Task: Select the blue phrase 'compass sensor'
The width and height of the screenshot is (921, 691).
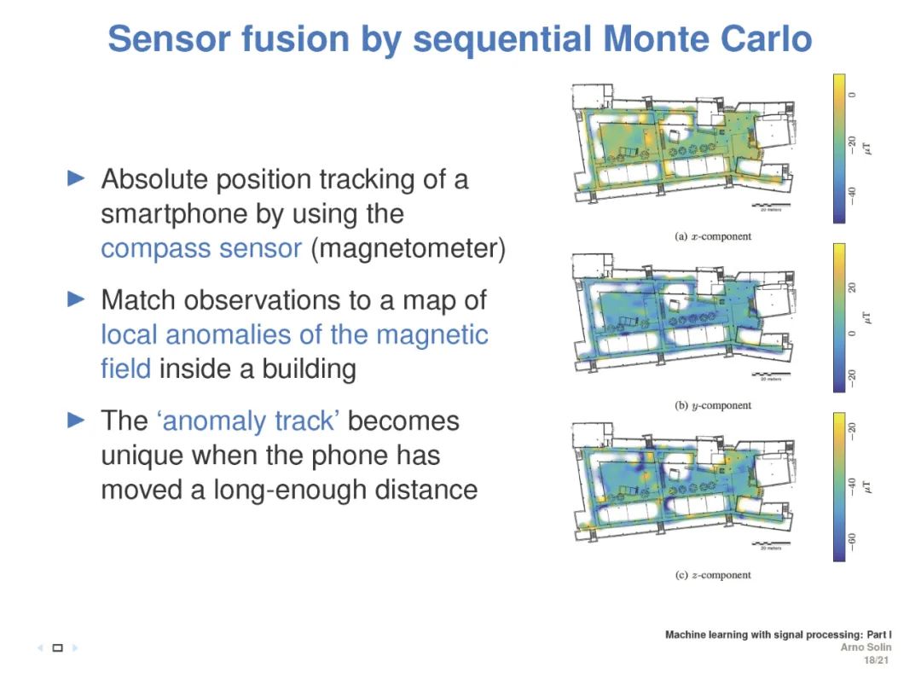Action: click(201, 248)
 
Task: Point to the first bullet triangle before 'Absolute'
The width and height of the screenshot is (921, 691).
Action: click(77, 178)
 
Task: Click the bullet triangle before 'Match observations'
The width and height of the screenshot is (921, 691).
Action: click(77, 299)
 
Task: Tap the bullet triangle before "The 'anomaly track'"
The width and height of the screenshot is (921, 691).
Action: click(77, 420)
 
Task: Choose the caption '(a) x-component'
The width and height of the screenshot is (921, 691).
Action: click(713, 236)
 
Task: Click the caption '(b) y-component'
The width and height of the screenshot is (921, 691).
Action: click(713, 405)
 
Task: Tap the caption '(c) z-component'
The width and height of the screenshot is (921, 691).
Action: click(713, 575)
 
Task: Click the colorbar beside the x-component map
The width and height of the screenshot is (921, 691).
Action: click(839, 148)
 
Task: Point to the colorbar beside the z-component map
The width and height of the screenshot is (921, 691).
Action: click(839, 487)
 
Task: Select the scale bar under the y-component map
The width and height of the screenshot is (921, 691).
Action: click(768, 376)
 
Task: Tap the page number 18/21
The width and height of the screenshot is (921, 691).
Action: click(878, 660)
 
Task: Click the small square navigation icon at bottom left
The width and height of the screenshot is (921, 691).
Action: click(58, 648)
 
